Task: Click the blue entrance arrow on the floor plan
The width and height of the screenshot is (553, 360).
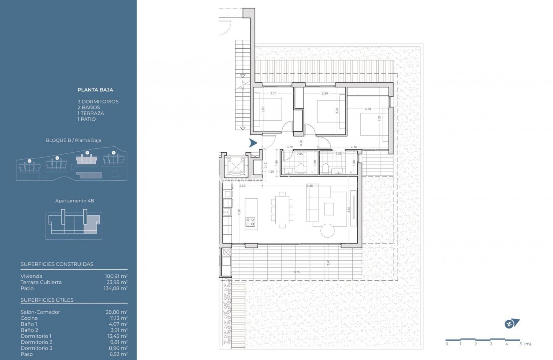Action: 253,142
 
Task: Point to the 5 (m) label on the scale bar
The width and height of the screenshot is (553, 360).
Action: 523,344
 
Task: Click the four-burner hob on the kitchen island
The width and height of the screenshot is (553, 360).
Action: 251,222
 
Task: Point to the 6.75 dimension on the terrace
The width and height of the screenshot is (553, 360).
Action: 297,272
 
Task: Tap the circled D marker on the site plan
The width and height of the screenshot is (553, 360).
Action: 29,161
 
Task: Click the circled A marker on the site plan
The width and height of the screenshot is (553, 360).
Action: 113,152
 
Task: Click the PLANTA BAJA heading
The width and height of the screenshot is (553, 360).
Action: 95,90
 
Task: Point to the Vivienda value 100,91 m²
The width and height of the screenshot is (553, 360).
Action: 116,276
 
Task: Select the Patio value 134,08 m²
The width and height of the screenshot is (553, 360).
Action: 116,288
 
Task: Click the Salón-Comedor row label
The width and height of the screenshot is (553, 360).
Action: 40,312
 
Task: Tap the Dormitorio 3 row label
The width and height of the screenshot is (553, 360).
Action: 36,348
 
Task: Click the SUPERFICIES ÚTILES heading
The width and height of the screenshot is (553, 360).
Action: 47,300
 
